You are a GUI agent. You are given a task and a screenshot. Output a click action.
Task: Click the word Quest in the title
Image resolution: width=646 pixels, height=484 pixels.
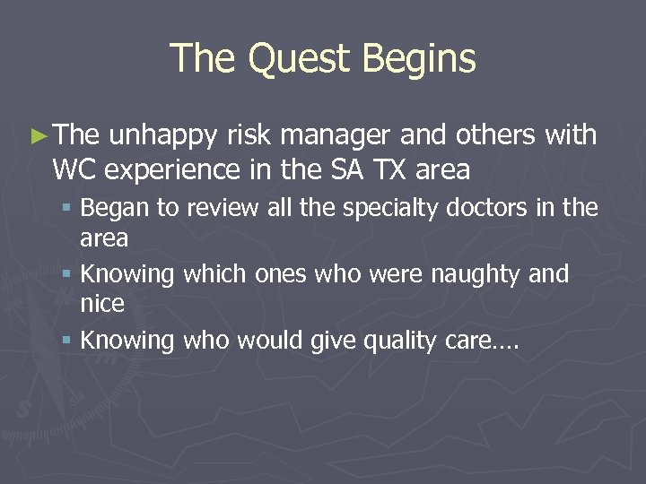tap(300, 59)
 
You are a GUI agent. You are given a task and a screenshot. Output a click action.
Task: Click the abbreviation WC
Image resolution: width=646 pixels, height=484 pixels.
tap(73, 169)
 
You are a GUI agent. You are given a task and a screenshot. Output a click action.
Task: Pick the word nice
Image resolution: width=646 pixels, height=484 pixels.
tap(102, 305)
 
